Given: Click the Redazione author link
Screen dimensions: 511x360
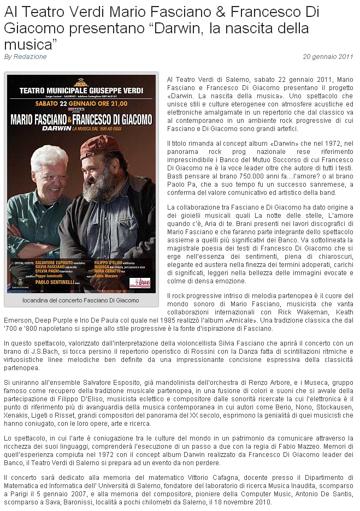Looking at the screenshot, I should click(30, 57).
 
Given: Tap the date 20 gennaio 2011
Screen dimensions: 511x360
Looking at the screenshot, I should click(328, 57).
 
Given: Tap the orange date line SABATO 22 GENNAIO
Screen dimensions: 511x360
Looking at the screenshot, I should click(82, 103).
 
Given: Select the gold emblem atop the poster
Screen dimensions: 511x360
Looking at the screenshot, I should click(81, 81).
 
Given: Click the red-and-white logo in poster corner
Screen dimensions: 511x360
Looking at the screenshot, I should click(139, 282).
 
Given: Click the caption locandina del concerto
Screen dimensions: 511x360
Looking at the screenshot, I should click(81, 300).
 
